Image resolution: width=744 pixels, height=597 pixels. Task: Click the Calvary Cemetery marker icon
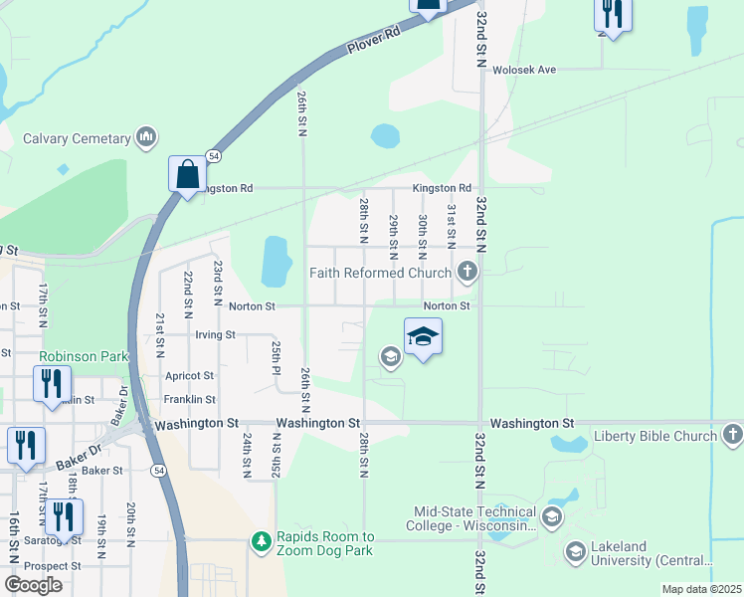pyautogui.click(x=147, y=137)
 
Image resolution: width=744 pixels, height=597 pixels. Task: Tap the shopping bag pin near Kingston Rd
pyautogui.click(x=187, y=175)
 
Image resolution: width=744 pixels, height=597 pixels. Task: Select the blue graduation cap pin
pyautogui.click(x=423, y=337)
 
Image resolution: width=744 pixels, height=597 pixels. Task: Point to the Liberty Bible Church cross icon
pyautogui.click(x=731, y=435)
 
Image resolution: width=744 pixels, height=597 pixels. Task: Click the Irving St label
pyautogui.click(x=215, y=335)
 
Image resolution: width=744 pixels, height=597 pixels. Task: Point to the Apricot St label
pyautogui.click(x=194, y=376)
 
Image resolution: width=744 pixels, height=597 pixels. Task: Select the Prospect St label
pyautogui.click(x=54, y=565)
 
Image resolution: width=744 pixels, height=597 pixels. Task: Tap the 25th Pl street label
pyautogui.click(x=278, y=350)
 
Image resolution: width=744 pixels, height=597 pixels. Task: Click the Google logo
pyautogui.click(x=33, y=585)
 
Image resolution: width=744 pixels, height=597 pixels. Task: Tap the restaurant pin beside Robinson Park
pyautogui.click(x=51, y=383)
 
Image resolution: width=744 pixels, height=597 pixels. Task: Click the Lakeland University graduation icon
pyautogui.click(x=575, y=551)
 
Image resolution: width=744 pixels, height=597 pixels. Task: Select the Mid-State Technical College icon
pyautogui.click(x=552, y=517)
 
